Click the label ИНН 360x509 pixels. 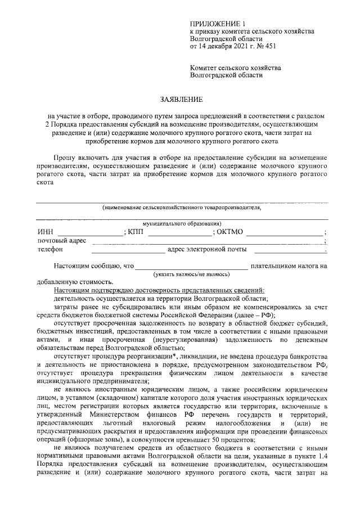click(46, 232)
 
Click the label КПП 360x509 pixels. click(136, 232)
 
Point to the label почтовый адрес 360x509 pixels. click(62, 241)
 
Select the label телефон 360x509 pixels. click(51, 250)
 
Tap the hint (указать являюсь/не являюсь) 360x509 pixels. click(192, 274)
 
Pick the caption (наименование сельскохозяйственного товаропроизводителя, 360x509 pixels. click(182, 208)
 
